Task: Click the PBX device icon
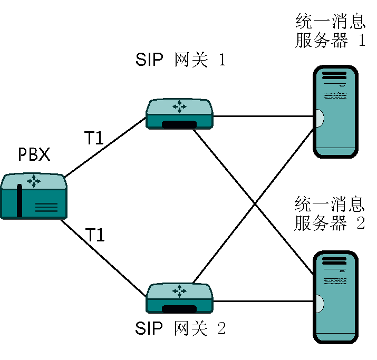tap(34, 196)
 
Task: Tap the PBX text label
tap(34, 155)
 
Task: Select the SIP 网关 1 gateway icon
tap(179, 114)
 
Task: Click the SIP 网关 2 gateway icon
tap(179, 298)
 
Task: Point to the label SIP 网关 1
tap(180, 60)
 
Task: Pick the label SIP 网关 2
tap(180, 329)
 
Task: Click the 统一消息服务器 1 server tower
tap(335, 112)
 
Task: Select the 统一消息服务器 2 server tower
tap(335, 298)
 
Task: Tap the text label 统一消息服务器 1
tap(330, 32)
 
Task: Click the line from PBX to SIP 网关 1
tap(105, 148)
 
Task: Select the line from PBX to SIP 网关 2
tap(103, 257)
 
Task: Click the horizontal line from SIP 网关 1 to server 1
tap(264, 116)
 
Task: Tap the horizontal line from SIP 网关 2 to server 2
tap(264, 301)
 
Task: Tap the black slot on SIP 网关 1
tap(179, 125)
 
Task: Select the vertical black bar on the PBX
tap(20, 201)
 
